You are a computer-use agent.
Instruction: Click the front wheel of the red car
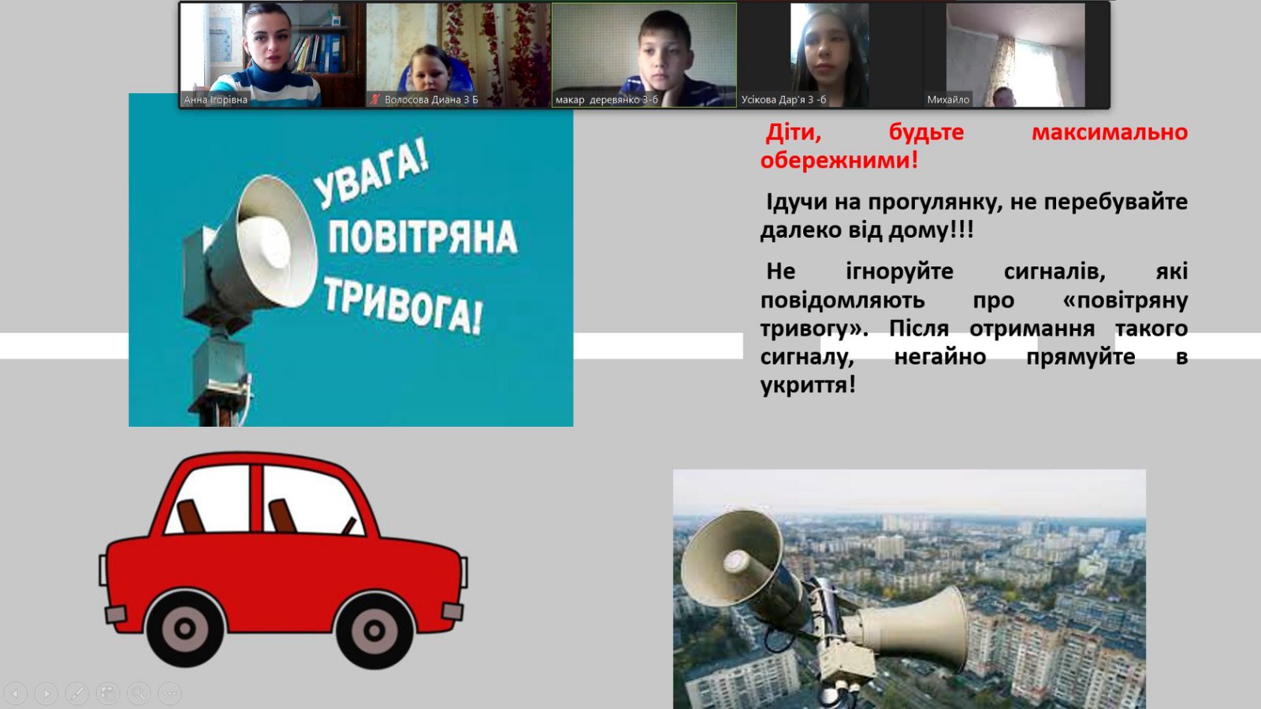[374, 630]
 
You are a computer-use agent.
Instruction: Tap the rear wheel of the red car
[184, 629]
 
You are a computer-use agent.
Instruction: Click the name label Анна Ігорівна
[216, 100]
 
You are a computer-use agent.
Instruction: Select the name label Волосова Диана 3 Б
[431, 100]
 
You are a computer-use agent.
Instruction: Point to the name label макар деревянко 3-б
[606, 100]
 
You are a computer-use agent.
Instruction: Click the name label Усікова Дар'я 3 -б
[783, 100]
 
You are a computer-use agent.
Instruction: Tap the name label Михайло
[948, 100]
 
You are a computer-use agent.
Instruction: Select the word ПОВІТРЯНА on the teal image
[422, 237]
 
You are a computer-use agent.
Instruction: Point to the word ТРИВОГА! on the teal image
[403, 306]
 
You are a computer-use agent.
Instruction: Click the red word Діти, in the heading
[794, 133]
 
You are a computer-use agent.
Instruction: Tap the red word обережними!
[839, 161]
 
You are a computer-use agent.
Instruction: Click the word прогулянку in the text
[935, 202]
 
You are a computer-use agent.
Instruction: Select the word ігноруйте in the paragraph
[899, 272]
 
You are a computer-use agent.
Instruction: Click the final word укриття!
[808, 385]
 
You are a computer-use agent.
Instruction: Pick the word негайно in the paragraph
[940, 357]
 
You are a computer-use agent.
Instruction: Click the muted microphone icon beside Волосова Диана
[375, 100]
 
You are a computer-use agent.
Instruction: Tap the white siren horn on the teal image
[276, 242]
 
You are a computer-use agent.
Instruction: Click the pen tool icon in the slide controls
[77, 693]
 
